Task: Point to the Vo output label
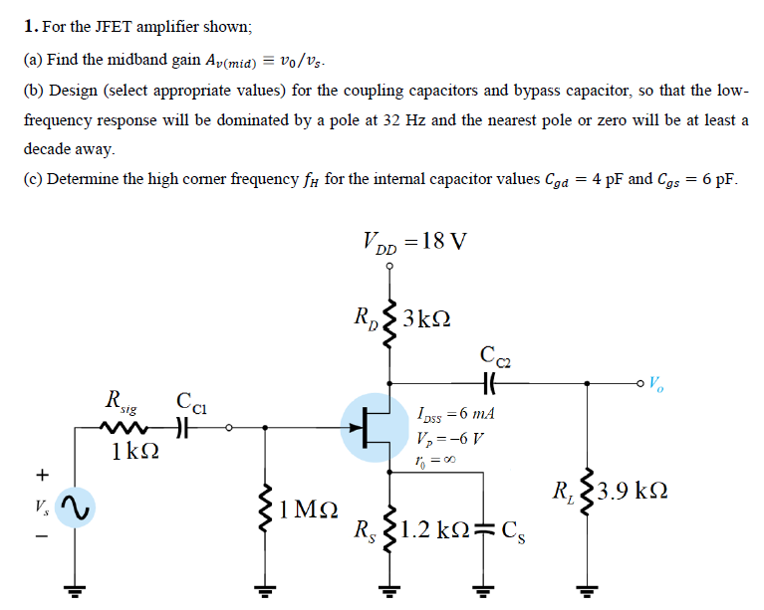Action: [x=659, y=381]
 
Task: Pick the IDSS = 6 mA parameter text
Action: [x=458, y=413]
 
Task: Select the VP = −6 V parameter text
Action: [x=452, y=439]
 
